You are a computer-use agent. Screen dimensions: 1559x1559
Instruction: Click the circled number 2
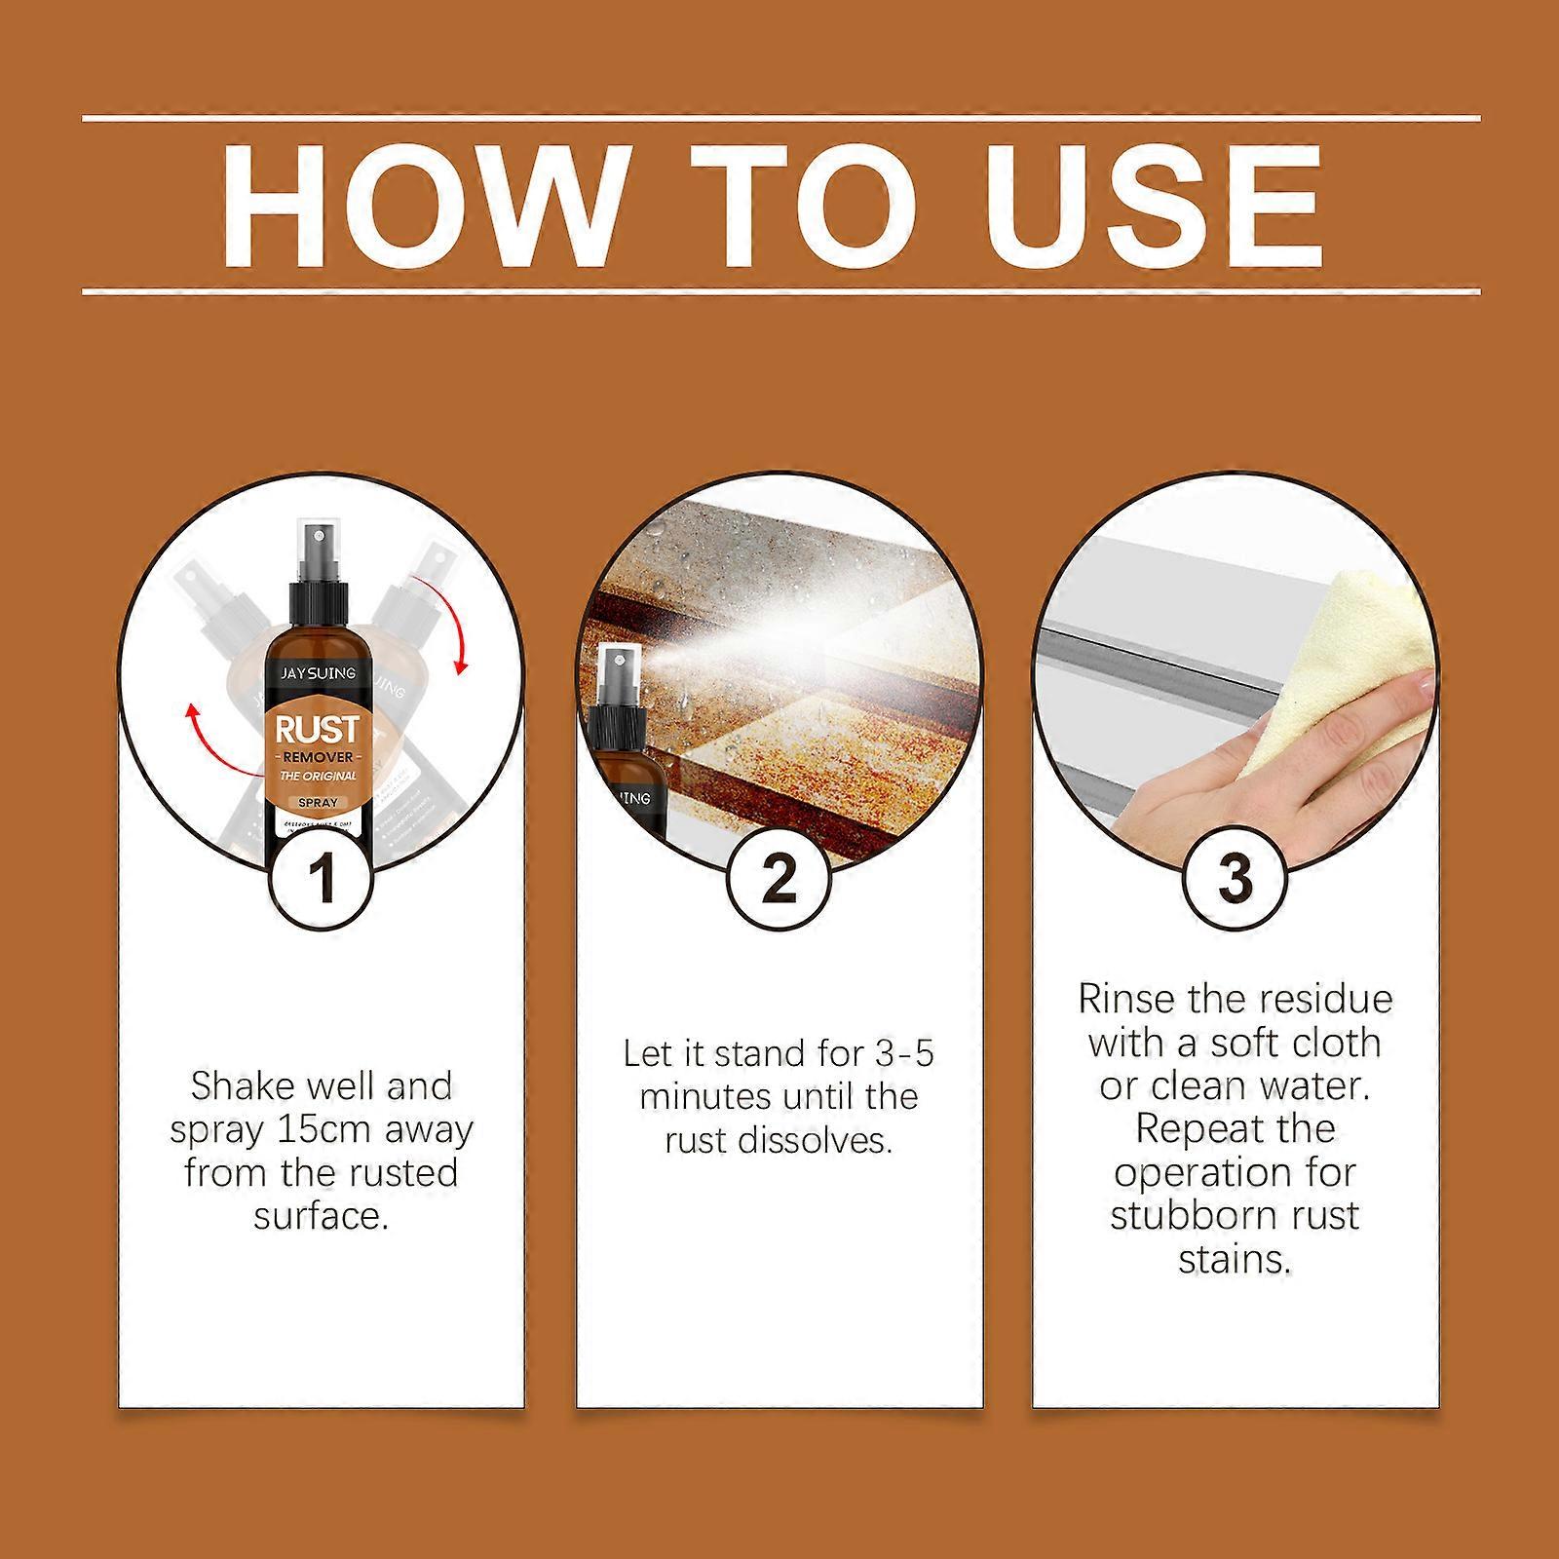tap(778, 876)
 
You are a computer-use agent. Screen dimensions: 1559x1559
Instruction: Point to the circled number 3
tap(1234, 876)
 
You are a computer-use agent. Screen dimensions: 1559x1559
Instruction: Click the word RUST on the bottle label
tap(318, 730)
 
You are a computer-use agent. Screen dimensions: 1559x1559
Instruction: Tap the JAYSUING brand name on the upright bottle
tap(319, 673)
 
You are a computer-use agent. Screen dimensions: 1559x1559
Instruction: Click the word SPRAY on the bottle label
tap(318, 803)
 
